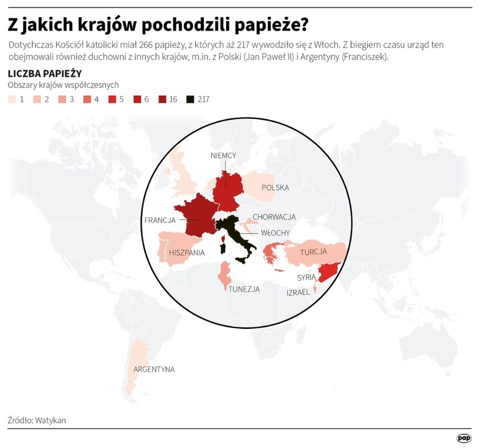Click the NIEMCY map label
pyautogui.click(x=224, y=155)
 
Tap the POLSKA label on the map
pyautogui.click(x=275, y=188)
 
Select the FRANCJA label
pyautogui.click(x=160, y=220)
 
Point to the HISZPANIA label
pyautogui.click(x=187, y=252)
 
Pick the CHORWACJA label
pyautogui.click(x=274, y=217)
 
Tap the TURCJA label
pyautogui.click(x=314, y=252)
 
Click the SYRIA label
pyautogui.click(x=306, y=278)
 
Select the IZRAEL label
pyautogui.click(x=298, y=293)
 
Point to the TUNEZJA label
pyautogui.click(x=244, y=289)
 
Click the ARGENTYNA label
pyautogui.click(x=154, y=369)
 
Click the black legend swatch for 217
pyautogui.click(x=190, y=99)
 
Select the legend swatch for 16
pyautogui.click(x=162, y=99)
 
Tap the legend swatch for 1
pyautogui.click(x=12, y=99)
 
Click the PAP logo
pyautogui.click(x=463, y=438)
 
